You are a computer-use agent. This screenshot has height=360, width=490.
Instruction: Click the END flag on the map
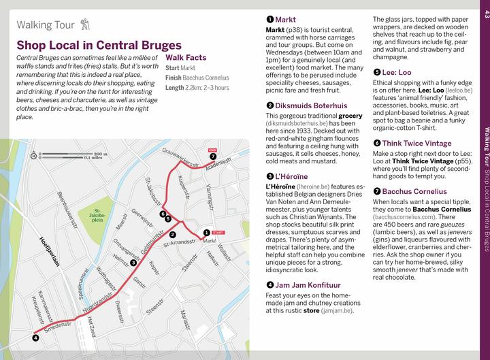(212, 149)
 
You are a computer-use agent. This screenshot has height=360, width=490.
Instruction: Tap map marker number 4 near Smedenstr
(35, 337)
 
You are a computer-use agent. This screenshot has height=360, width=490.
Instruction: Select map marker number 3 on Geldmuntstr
(133, 263)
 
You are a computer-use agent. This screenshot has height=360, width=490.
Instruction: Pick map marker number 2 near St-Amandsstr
(173, 253)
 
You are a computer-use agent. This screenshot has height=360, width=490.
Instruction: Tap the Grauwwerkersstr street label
(181, 160)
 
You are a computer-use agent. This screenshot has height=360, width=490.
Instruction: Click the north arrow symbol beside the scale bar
(33, 156)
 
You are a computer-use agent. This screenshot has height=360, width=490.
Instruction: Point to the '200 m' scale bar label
(101, 154)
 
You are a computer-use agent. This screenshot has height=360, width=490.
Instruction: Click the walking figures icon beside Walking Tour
(84, 25)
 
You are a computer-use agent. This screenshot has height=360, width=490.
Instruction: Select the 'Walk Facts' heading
(186, 58)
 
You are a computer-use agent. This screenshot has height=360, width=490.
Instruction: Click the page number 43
(485, 14)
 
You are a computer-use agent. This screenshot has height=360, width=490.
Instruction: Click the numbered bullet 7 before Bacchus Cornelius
(376, 191)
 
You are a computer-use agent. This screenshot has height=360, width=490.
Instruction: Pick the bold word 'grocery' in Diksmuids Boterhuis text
(350, 116)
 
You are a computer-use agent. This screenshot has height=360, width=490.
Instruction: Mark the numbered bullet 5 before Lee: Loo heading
(376, 71)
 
